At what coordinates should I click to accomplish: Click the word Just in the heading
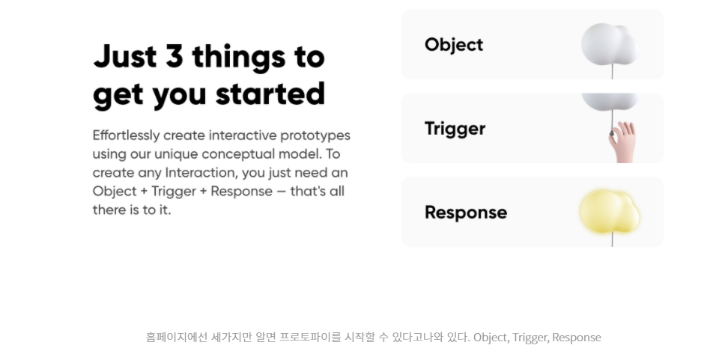(x=124, y=56)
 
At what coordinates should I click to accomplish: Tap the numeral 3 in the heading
(x=174, y=56)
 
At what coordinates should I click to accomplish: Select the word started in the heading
(x=270, y=94)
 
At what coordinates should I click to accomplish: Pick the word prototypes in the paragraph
(x=315, y=135)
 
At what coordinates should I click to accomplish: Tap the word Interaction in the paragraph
(x=204, y=173)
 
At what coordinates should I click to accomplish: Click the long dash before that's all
(x=281, y=192)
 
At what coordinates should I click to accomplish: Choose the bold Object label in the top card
(x=454, y=45)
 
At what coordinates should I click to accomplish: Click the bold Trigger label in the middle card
(x=455, y=129)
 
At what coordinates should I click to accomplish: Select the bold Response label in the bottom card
(x=466, y=213)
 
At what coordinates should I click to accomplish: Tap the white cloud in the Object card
(x=609, y=43)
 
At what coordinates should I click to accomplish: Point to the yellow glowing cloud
(x=610, y=210)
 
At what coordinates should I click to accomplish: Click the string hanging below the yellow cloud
(x=613, y=240)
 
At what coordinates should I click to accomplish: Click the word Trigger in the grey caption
(x=530, y=338)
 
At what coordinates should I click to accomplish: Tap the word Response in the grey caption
(x=577, y=338)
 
